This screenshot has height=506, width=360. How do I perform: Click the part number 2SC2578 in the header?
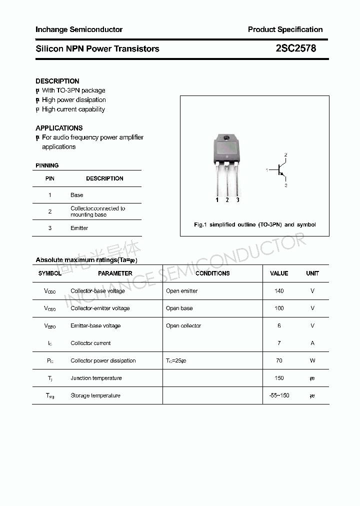click(296, 48)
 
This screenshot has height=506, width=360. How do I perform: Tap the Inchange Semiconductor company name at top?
click(79, 29)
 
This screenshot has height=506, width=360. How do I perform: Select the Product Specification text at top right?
click(285, 29)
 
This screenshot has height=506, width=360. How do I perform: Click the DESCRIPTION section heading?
click(57, 81)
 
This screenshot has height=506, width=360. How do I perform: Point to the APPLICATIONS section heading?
click(59, 128)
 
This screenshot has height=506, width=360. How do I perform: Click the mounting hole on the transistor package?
click(226, 138)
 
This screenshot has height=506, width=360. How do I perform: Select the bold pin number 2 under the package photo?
click(227, 200)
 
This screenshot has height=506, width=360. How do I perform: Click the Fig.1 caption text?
click(254, 224)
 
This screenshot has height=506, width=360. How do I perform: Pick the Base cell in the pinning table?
click(77, 195)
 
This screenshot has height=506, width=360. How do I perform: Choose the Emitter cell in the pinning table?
click(79, 228)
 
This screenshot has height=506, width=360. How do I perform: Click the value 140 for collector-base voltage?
click(279, 291)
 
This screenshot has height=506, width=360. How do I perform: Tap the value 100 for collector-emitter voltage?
click(279, 308)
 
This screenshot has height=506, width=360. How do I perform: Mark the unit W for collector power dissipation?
click(312, 360)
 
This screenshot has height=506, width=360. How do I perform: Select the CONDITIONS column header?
click(212, 273)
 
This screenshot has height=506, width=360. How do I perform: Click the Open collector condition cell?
click(183, 326)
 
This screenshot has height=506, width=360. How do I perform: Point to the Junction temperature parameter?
click(96, 378)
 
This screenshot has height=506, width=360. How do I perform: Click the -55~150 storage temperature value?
click(279, 395)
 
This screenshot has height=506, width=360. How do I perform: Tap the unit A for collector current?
click(312, 343)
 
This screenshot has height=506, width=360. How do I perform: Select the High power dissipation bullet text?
click(73, 100)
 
